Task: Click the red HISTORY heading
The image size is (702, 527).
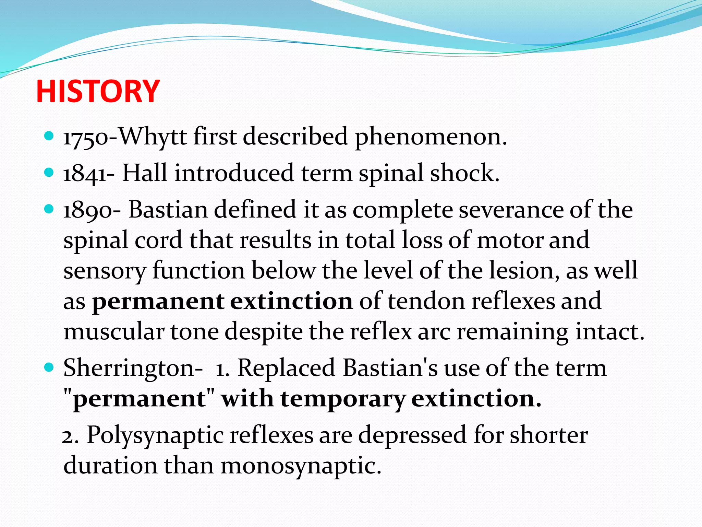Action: point(98,91)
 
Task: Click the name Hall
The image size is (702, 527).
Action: point(145,173)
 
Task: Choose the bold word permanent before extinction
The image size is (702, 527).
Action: point(158,302)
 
